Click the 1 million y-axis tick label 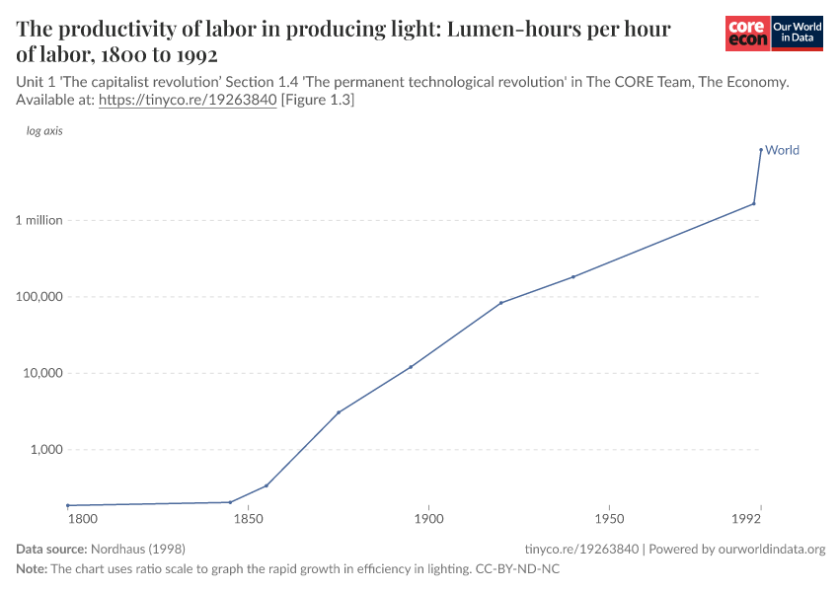[39, 220]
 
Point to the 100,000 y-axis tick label [39, 297]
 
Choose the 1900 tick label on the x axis [428, 518]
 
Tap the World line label [782, 151]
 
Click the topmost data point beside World [760, 150]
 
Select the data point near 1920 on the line [501, 303]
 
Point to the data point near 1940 [573, 276]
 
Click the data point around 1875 [339, 412]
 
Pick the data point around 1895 [411, 367]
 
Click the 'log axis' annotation [44, 130]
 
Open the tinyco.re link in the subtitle [188, 101]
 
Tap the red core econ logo [747, 34]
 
